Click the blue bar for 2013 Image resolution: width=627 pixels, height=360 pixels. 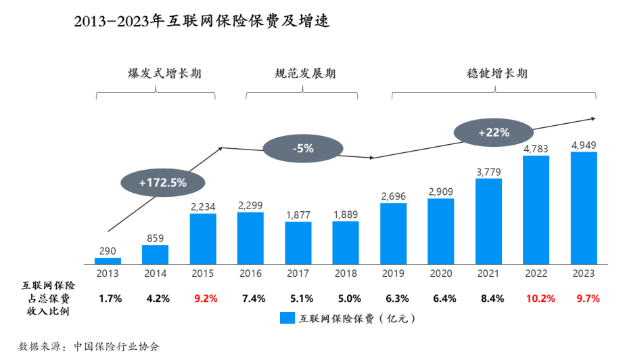click(108, 261)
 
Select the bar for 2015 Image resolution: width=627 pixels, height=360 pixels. click(203, 238)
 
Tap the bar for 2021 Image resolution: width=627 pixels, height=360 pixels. click(488, 221)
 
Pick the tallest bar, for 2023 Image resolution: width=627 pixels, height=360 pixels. click(584, 207)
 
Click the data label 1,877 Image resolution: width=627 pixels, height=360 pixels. click(298, 215)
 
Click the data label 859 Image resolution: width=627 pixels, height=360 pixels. click(155, 238)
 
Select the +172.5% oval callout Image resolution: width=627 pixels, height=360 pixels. click(162, 182)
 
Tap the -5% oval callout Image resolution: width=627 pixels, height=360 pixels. click(303, 149)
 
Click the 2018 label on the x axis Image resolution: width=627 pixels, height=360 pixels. click(346, 274)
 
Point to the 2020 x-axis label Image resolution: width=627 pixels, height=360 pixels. click(441, 274)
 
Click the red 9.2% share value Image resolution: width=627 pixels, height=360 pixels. click(203, 298)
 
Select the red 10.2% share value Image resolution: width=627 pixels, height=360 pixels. click(536, 298)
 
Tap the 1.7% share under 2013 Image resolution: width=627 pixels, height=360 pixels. click(110, 298)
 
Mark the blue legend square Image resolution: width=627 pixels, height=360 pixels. click(287, 318)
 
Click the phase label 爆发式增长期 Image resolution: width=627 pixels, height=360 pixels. click(156, 74)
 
